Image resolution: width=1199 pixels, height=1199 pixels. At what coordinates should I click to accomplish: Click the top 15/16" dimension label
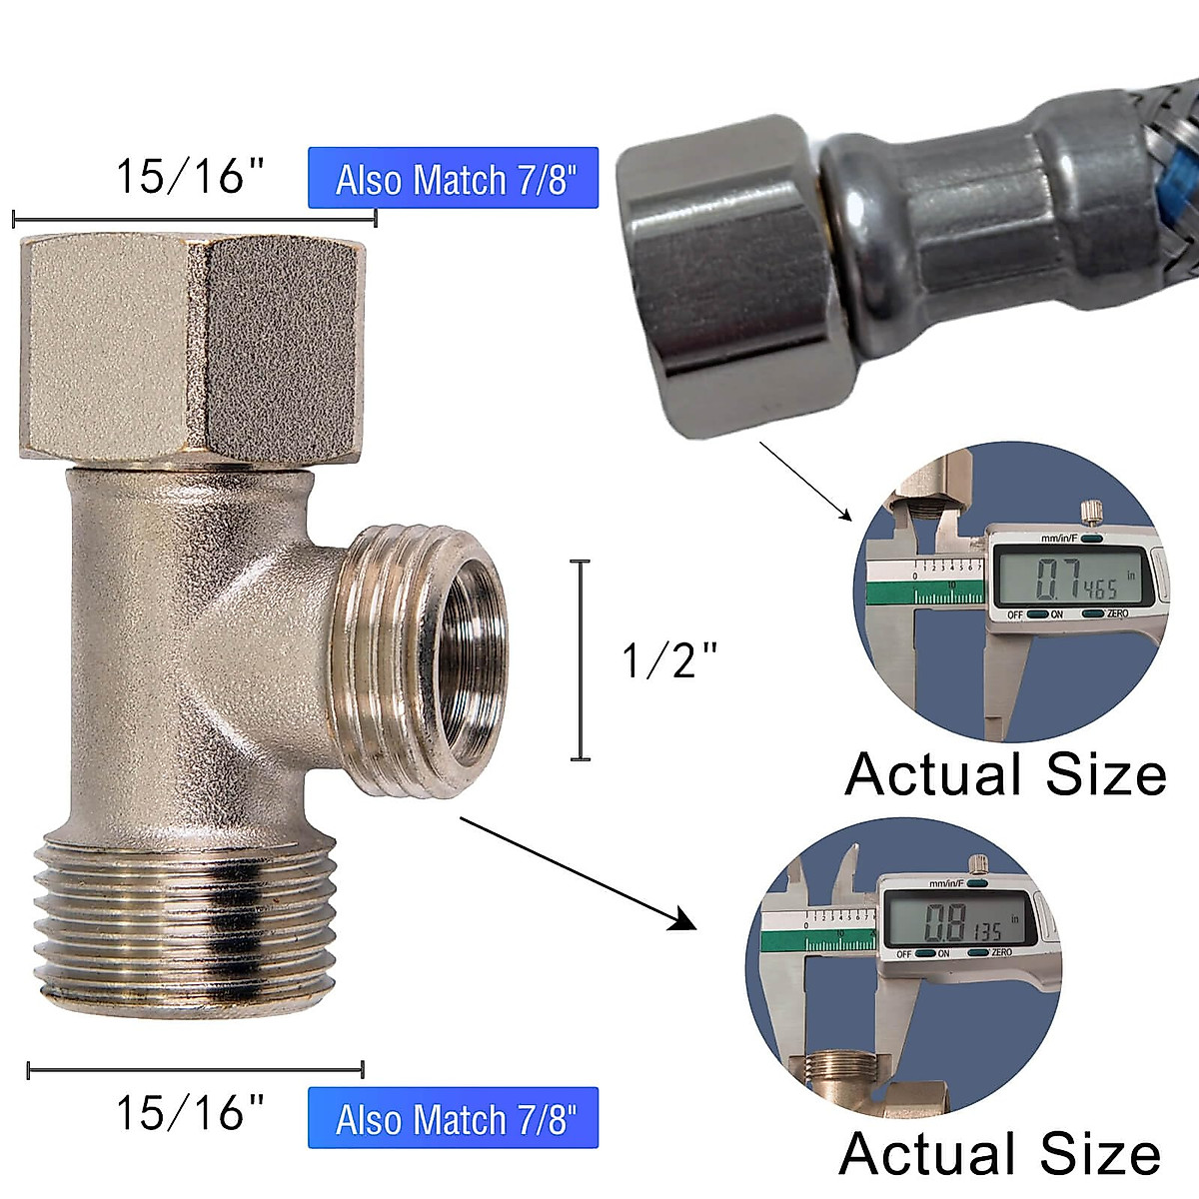[190, 176]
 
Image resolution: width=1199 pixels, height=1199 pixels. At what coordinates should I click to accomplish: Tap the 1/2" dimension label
[669, 660]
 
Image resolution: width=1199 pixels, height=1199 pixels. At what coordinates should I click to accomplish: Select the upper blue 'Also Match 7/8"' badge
[454, 179]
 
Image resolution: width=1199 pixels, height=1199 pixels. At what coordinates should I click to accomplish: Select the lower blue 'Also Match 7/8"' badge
[454, 1118]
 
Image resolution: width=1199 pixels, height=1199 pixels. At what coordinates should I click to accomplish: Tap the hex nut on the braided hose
[729, 275]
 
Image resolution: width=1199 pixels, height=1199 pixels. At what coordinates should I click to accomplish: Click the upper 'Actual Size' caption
[1005, 774]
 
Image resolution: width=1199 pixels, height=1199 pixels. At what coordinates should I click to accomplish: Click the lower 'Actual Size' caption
[999, 1154]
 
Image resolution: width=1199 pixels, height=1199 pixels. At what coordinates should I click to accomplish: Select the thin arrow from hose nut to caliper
[805, 481]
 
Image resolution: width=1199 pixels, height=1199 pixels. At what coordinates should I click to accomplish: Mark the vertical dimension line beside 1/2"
[580, 660]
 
